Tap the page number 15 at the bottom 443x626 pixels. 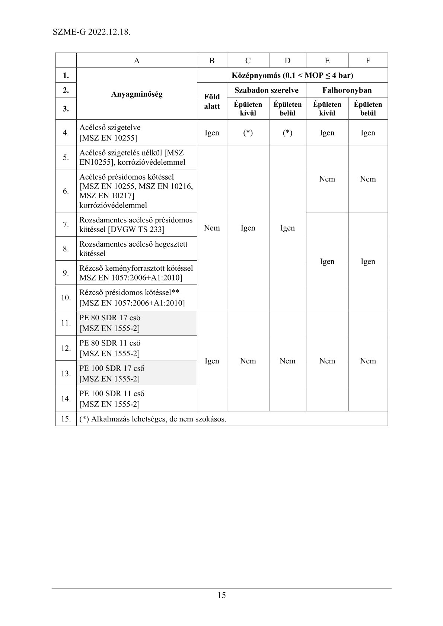[221, 595]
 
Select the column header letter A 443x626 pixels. [137, 61]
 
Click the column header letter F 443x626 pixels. [368, 61]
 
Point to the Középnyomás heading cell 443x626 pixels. [292, 76]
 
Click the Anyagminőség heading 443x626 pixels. [137, 94]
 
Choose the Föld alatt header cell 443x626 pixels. [212, 102]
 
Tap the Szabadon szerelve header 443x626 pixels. [266, 90]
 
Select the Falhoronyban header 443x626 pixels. [347, 90]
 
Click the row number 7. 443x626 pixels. [66, 225]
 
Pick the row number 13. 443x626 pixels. [66, 373]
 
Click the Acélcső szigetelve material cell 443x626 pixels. [137, 132]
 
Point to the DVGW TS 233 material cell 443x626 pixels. [137, 225]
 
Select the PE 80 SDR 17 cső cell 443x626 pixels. [137, 323]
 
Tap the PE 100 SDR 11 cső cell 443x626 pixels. [137, 399]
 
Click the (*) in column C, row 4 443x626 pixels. [248, 133]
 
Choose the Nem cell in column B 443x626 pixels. [212, 228]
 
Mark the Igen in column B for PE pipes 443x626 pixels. [212, 361]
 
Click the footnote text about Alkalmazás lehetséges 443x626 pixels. [153, 419]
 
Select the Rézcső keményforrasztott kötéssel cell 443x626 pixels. [137, 273]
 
